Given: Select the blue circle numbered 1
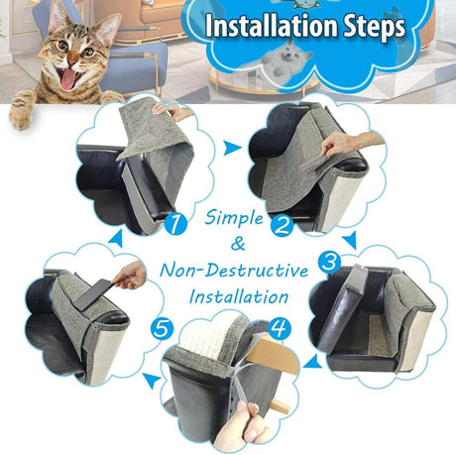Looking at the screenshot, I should (x=176, y=224).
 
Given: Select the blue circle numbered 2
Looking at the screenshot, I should (x=282, y=225).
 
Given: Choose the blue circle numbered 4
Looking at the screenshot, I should (x=281, y=326).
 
